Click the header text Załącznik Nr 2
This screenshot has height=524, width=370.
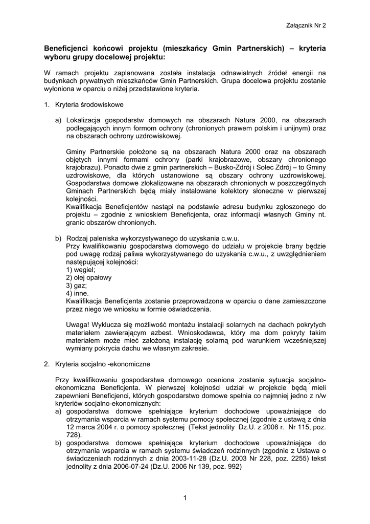pyautogui.click(x=307, y=25)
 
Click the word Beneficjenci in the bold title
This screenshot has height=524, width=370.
pyautogui.click(x=68, y=48)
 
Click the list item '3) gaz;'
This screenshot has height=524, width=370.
pyautogui.click(x=77, y=286)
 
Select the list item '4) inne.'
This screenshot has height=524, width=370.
pyautogui.click(x=78, y=293)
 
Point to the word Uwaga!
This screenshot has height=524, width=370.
pyautogui.click(x=78, y=325)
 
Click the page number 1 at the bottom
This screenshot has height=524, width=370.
pyautogui.click(x=185, y=498)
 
